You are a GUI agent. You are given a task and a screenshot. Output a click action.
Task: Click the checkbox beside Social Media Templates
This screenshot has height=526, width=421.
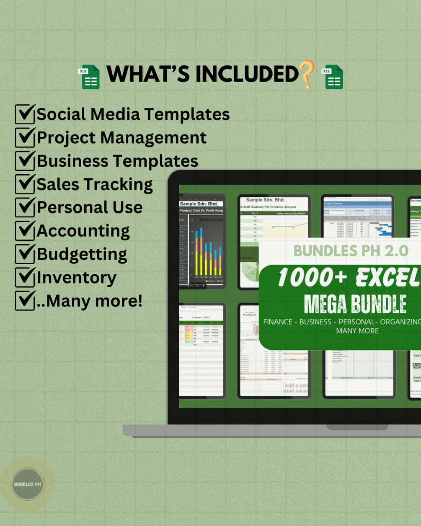25,114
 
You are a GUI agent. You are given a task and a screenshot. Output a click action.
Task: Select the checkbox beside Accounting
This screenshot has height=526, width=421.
25,231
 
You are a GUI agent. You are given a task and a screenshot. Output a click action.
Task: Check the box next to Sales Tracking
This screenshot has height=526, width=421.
25,184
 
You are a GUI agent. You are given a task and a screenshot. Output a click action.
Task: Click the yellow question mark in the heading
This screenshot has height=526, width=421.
307,75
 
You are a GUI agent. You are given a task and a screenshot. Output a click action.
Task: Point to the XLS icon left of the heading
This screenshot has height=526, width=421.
89,77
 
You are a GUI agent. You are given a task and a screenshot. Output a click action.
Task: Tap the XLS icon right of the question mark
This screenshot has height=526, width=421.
332,77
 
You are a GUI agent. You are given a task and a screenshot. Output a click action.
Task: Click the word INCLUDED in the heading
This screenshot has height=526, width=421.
247,74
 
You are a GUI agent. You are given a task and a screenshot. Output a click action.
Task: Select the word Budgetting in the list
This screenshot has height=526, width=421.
82,254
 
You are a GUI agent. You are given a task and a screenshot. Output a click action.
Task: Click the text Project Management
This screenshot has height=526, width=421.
121,138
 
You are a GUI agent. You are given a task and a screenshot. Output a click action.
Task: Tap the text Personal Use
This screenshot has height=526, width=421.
90,207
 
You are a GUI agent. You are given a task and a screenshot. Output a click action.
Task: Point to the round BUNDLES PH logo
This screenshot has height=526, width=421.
28,484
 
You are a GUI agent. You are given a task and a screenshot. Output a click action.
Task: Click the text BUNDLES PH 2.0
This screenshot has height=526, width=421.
351,251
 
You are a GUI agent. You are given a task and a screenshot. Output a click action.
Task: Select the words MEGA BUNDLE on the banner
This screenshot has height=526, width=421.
355,304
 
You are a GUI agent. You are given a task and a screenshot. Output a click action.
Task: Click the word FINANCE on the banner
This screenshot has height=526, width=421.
278,322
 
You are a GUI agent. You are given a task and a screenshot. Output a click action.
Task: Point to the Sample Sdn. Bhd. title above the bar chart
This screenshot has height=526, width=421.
199,204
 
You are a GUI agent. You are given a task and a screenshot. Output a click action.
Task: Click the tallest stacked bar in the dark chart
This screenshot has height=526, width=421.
201,251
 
